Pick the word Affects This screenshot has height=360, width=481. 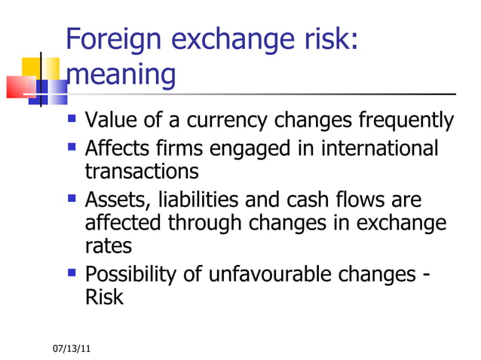tap(119, 148)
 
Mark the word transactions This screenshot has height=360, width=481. tap(142, 172)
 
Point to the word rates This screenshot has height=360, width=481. tap(109, 246)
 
